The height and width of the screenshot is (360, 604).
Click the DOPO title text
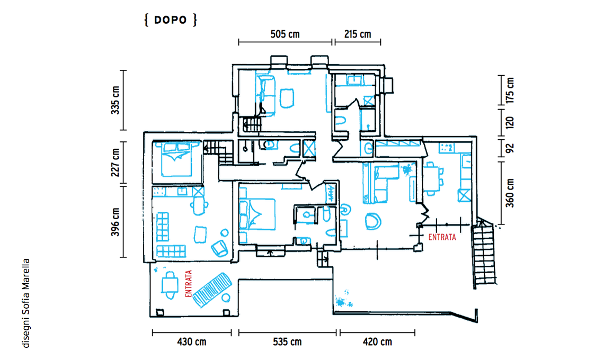coord(170,20)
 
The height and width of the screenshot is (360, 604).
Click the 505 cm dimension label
coord(285,34)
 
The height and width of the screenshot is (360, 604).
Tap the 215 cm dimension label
coord(358,34)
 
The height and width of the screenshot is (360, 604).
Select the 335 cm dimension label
coord(116,100)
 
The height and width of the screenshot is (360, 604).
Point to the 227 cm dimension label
coord(116,163)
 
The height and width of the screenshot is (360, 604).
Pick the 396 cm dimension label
coord(116,222)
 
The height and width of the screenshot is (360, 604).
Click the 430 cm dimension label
coord(191,342)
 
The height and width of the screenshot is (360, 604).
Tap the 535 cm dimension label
coord(287,342)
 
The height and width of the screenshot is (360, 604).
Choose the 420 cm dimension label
coord(377,342)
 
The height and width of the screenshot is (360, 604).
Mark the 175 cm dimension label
coord(510,91)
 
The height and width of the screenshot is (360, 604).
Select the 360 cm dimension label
coord(510,193)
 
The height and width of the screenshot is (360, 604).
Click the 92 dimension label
coord(510,148)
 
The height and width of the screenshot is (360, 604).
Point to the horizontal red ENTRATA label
coord(442,237)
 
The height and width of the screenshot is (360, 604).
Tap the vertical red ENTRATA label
coord(189,283)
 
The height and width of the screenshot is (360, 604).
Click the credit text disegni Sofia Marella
coord(26,303)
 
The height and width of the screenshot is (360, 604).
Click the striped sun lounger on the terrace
coord(212,290)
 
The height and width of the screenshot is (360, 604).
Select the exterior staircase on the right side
coord(484,254)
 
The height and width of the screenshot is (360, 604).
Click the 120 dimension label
coord(510,122)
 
